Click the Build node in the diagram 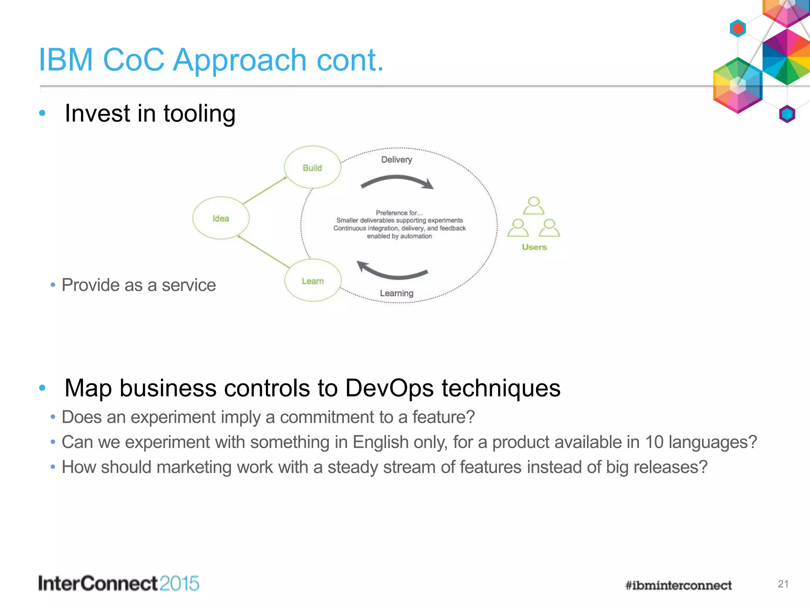(x=312, y=167)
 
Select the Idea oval (x=221, y=218)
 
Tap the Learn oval (x=313, y=281)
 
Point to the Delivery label (x=396, y=160)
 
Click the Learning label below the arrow (x=396, y=293)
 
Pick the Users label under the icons (x=534, y=247)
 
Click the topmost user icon (x=534, y=205)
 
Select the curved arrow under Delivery (x=397, y=182)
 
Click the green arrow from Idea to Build (x=264, y=190)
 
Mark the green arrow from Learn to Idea (x=263, y=251)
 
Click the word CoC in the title (x=133, y=60)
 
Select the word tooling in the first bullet (x=199, y=114)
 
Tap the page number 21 (x=783, y=584)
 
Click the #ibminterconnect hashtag (x=678, y=585)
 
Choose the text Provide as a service (x=138, y=285)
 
